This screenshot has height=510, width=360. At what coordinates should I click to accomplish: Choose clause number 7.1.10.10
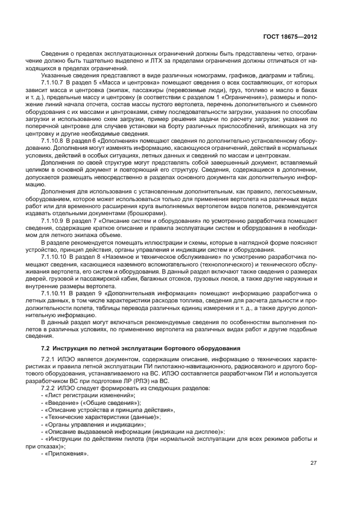click(55, 255)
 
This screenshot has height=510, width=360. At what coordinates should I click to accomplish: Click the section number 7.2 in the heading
click(46, 348)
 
